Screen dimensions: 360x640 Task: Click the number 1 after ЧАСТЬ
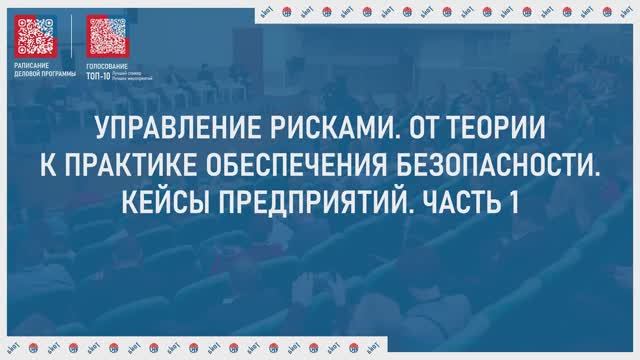pyautogui.click(x=514, y=201)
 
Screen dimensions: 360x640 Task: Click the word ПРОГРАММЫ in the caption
pyautogui.click(x=58, y=74)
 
